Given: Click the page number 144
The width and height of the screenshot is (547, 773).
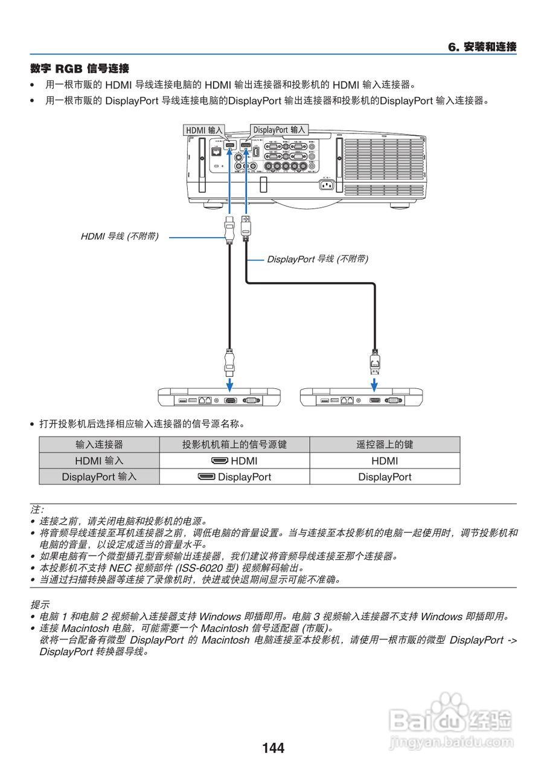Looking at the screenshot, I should (273, 748).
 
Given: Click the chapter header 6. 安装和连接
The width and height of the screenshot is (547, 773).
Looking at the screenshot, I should (482, 47).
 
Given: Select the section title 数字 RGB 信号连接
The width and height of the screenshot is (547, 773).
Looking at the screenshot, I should (80, 69).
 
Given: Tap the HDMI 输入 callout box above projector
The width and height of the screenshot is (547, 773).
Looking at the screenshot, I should (204, 130).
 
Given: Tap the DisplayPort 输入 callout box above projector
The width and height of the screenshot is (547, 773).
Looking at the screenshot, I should (279, 130).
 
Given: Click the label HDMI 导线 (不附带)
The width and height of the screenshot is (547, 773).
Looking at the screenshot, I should (120, 237).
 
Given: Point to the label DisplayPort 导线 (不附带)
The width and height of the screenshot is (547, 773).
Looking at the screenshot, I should (318, 259).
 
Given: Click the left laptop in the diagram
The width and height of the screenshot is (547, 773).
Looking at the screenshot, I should (219, 397).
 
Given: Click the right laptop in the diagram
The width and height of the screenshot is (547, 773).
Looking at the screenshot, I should (361, 397).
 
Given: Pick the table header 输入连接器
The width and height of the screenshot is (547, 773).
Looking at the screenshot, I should (99, 444).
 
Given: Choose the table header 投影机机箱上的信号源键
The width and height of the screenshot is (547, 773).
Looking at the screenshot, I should (234, 444).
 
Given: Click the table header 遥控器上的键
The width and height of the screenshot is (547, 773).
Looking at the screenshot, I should (385, 444).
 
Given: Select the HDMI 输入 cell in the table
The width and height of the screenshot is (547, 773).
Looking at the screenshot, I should (99, 461).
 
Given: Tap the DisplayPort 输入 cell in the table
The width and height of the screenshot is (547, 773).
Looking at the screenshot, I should (99, 476).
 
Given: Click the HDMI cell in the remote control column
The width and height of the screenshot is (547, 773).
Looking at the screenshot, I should (385, 461).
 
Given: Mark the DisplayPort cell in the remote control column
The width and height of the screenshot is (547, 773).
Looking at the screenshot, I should (385, 476).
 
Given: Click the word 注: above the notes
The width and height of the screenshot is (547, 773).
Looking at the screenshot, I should (37, 510).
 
